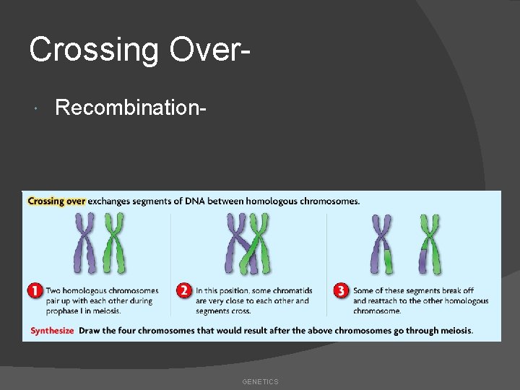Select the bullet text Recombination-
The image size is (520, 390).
[131, 108]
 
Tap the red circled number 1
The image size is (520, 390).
[35, 291]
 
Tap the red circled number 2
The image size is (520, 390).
[185, 291]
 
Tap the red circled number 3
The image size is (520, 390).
[341, 291]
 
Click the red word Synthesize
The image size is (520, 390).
[52, 331]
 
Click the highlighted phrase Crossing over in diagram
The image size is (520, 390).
[56, 201]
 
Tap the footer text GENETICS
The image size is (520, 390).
[260, 381]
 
